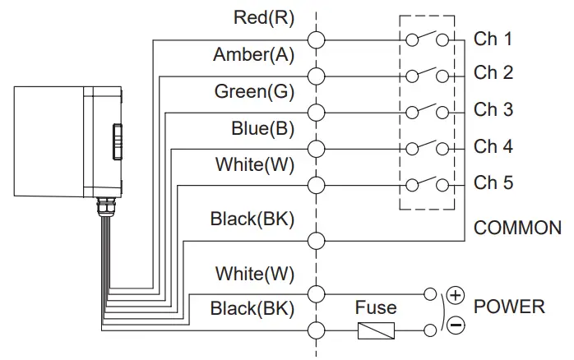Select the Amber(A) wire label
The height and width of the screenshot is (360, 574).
[253, 55]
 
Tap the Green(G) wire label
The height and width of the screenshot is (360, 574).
[254, 91]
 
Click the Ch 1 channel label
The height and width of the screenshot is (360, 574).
[493, 39]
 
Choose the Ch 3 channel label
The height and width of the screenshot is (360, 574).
[493, 109]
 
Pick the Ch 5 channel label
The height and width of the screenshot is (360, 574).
[493, 182]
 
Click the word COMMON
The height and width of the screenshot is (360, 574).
[517, 228]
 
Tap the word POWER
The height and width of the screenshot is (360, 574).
[510, 307]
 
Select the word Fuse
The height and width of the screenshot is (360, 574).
[375, 308]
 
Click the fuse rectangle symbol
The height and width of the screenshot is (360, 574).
[377, 330]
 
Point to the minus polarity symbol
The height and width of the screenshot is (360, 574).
[456, 325]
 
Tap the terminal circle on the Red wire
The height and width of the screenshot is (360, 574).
[316, 39]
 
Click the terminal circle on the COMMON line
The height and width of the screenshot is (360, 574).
[316, 241]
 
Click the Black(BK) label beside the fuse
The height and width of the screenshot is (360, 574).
[252, 309]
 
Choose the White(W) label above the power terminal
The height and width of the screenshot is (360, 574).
[254, 273]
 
